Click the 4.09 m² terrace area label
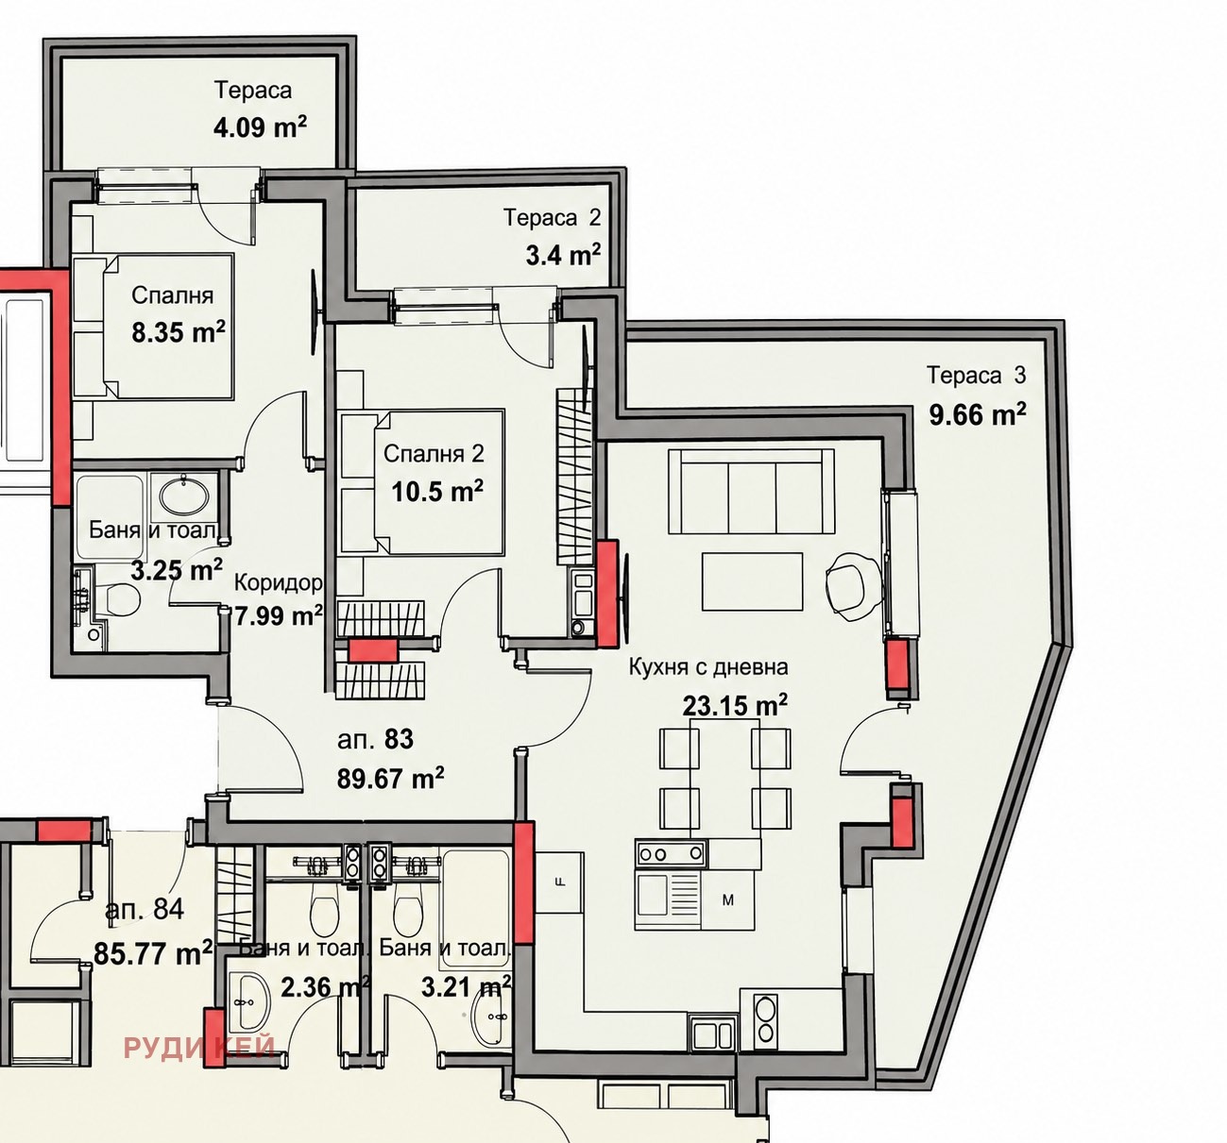coord(260,127)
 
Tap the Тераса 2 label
coord(552,217)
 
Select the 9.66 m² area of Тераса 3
coord(978,413)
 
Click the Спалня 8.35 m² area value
coord(178,332)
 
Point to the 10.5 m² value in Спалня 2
coord(437,492)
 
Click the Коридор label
coord(279,583)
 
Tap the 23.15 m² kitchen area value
coord(735,704)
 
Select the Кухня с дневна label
coord(708,667)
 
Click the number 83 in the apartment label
coord(399,738)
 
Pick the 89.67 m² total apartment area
coord(390,778)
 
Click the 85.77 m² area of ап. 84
coord(153,953)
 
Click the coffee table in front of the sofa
coord(753,580)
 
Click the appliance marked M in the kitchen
coord(728,901)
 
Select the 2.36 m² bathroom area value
coord(325,987)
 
